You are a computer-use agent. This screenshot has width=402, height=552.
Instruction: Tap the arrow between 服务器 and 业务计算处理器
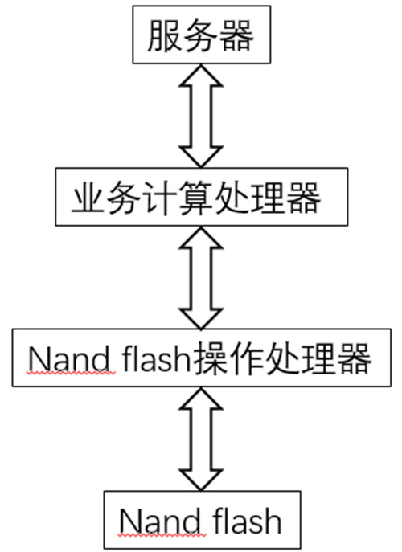coord(201,116)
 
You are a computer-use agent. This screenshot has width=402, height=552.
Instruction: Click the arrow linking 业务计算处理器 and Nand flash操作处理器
coord(201,277)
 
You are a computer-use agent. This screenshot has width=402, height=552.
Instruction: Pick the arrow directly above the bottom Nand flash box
coord(201,439)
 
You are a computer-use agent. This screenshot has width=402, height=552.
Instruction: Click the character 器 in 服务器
coord(236,35)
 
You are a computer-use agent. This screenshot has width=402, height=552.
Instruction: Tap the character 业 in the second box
coord(88,198)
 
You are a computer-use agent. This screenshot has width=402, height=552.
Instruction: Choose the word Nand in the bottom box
coord(163,521)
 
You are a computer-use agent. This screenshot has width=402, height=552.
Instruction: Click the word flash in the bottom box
coord(248,521)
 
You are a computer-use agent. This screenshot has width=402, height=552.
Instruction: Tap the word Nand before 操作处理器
coord(72,359)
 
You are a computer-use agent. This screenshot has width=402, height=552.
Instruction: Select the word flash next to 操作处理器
coord(156,358)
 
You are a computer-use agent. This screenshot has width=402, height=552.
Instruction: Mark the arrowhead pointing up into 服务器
coord(201,76)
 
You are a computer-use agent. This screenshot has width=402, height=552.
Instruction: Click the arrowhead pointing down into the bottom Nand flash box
coord(201,480)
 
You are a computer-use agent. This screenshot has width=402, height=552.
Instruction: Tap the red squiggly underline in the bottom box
coord(163,535)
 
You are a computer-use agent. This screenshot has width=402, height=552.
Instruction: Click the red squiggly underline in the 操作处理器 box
coord(72,374)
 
